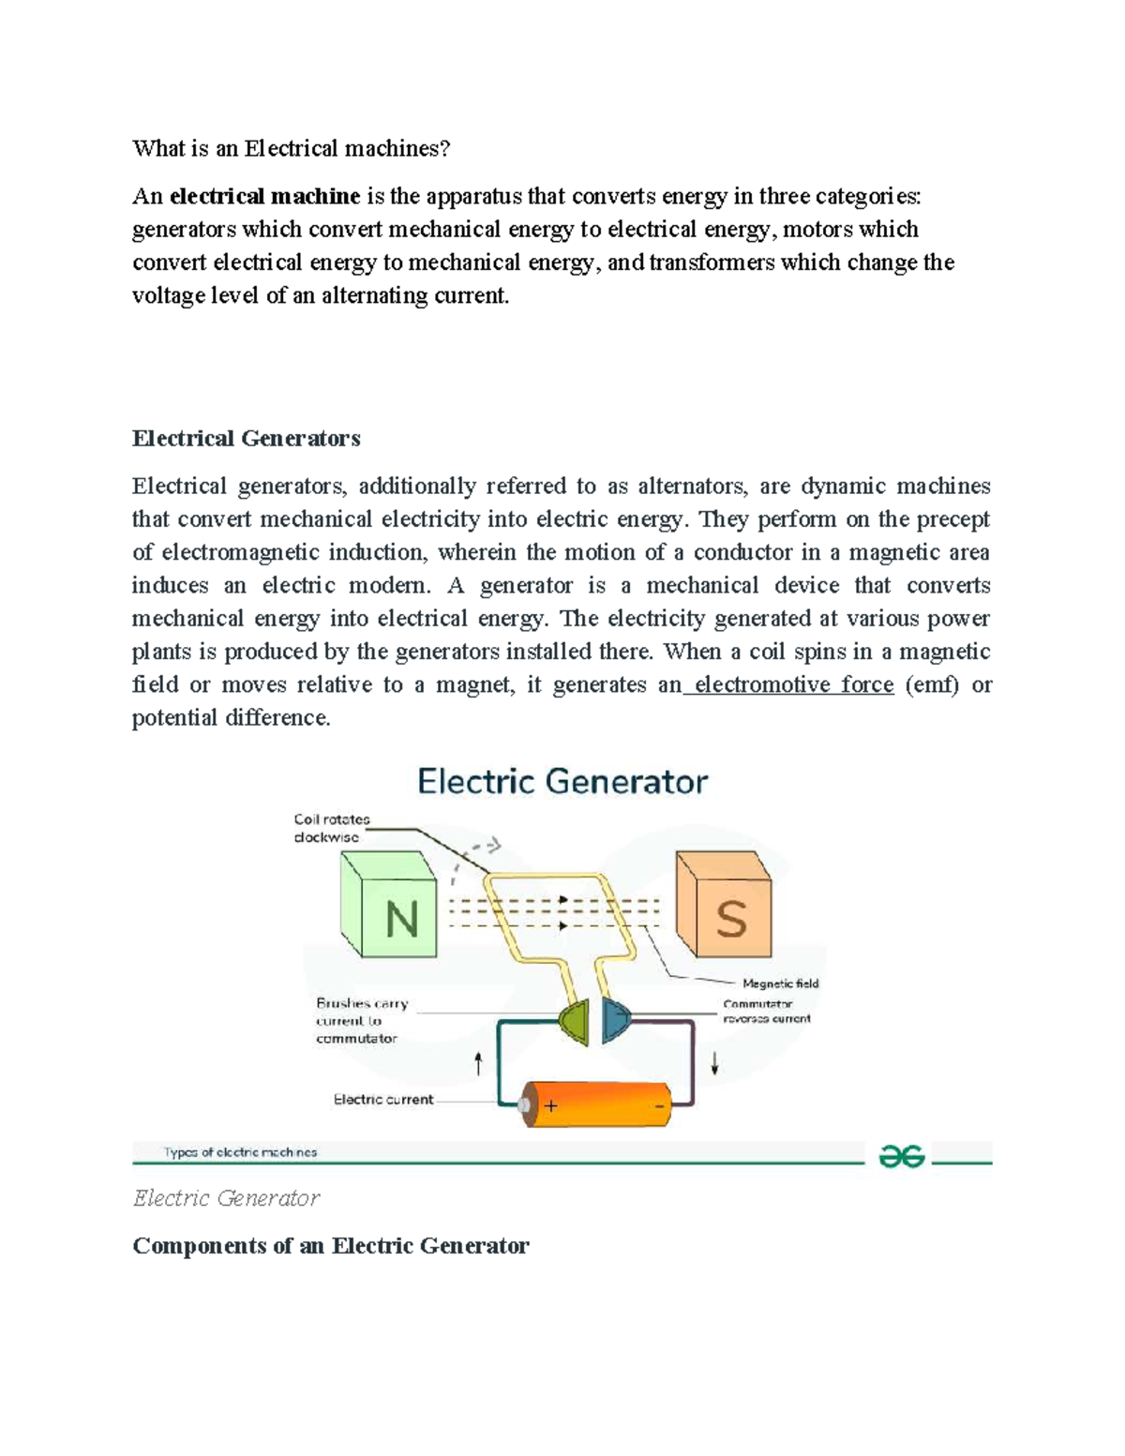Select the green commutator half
point(575,1020)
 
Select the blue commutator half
point(615,1020)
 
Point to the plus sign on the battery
point(551,1106)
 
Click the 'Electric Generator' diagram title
point(562,781)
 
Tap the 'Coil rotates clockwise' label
point(332,828)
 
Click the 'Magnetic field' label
point(780,983)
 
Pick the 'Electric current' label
point(383,1099)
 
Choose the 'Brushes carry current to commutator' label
point(361,1020)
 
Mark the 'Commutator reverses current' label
point(766,1011)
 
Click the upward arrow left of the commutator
point(478,1063)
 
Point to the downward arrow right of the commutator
point(714,1063)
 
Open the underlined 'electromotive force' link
point(793,684)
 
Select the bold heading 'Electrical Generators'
point(247,438)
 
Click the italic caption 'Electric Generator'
point(226,1198)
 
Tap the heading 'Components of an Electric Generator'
point(331,1245)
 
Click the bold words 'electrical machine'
point(265,196)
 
